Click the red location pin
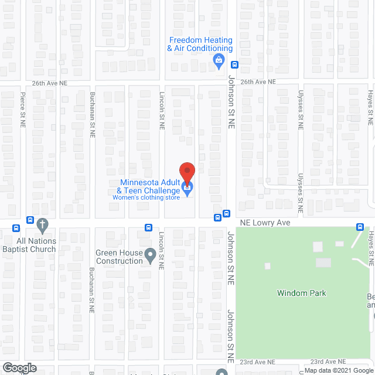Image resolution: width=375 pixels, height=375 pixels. click(186, 171)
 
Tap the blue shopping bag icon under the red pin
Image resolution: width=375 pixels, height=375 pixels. click(187, 189)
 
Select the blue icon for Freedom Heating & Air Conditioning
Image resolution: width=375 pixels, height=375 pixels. click(219, 60)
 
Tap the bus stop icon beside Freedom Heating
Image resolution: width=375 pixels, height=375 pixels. click(234, 64)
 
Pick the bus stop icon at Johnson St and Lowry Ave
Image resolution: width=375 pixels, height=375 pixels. click(217, 217)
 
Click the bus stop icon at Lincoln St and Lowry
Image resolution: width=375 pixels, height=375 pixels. click(149, 228)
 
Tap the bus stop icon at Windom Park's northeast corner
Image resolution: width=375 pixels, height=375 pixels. click(362, 227)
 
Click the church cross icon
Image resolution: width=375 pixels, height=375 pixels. click(42, 224)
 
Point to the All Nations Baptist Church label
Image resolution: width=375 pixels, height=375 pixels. click(36, 245)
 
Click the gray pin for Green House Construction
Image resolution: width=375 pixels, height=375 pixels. click(151, 254)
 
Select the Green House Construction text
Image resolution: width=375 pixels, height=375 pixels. click(120, 257)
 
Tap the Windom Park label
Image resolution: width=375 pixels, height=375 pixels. click(301, 293)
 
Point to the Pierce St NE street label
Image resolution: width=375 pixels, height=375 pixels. click(23, 110)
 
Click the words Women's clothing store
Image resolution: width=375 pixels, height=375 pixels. click(147, 197)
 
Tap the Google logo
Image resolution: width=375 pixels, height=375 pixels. click(19, 368)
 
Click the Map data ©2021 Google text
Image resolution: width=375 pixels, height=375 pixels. click(337, 370)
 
